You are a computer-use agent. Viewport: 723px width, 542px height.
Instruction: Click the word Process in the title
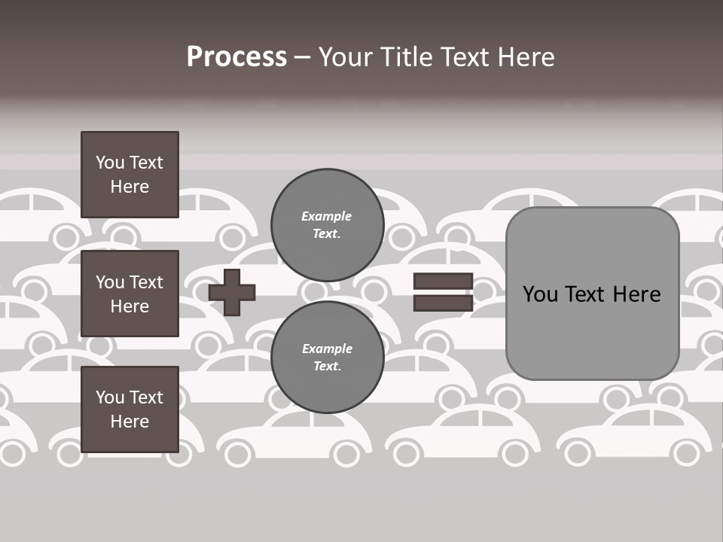pyautogui.click(x=236, y=57)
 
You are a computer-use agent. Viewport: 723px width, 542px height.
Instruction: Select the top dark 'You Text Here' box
pyautogui.click(x=130, y=175)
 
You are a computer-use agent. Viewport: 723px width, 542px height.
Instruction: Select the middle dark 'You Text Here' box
pyautogui.click(x=130, y=294)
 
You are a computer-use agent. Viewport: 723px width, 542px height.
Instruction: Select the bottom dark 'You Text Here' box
pyautogui.click(x=130, y=410)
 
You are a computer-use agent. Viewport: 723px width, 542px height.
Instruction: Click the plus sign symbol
pyautogui.click(x=232, y=292)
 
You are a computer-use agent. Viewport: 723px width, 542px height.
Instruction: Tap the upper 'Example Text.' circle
pyautogui.click(x=327, y=224)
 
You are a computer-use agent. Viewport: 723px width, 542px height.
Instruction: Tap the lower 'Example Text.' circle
pyautogui.click(x=327, y=357)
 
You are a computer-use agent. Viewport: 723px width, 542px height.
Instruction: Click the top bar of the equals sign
pyautogui.click(x=443, y=281)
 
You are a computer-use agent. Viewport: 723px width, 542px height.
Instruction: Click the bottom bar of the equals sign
pyautogui.click(x=443, y=303)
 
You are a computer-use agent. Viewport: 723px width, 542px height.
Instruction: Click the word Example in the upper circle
pyautogui.click(x=327, y=217)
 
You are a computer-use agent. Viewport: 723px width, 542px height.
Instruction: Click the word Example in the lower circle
pyautogui.click(x=327, y=349)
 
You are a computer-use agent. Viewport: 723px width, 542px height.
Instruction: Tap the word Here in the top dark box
pyautogui.click(x=130, y=187)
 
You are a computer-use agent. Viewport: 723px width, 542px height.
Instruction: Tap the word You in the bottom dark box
pyautogui.click(x=110, y=397)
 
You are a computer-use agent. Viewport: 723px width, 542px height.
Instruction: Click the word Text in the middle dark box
pyautogui.click(x=146, y=282)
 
